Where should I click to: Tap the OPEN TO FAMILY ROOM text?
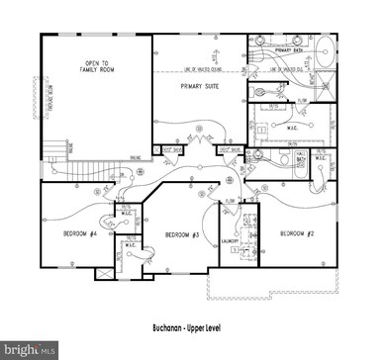coord(91,69)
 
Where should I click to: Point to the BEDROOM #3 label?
coord(183,234)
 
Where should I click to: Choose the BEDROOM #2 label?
coord(298,233)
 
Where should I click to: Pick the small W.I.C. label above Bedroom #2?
coord(320,158)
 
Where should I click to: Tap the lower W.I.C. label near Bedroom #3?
coord(130,242)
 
